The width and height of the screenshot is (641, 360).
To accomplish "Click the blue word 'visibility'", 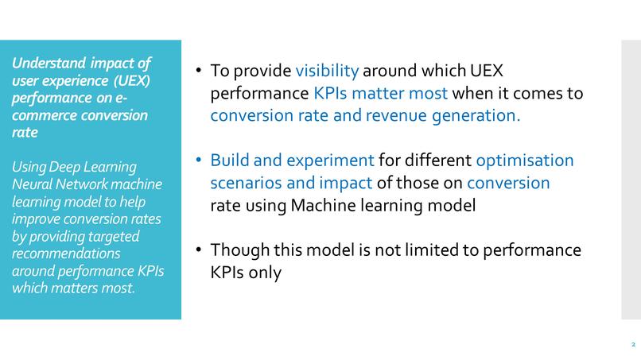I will (x=327, y=70).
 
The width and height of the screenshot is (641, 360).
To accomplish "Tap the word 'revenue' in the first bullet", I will (x=389, y=115).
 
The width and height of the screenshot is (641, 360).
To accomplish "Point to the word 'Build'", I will (x=230, y=161).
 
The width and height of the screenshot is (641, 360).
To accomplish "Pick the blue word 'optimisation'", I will (x=524, y=161).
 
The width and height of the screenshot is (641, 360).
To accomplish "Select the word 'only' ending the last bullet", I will (x=265, y=274).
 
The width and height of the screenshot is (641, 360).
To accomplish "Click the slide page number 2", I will (x=633, y=345).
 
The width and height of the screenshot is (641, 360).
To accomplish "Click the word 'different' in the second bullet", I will (x=437, y=161).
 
